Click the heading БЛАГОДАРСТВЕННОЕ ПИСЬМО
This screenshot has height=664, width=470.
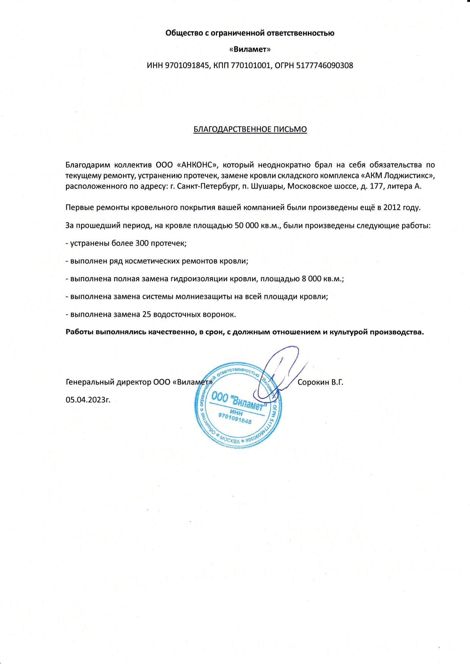[250, 129]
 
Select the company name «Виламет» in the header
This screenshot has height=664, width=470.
[250, 49]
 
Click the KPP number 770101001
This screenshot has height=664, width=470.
[251, 65]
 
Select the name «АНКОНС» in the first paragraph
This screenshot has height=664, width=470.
[199, 165]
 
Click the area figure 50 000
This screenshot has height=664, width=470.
[248, 226]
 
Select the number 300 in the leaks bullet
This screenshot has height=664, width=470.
[142, 243]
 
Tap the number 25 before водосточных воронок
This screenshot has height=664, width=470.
[146, 314]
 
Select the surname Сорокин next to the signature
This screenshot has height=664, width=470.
[313, 382]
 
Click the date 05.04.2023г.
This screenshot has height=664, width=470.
[88, 400]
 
